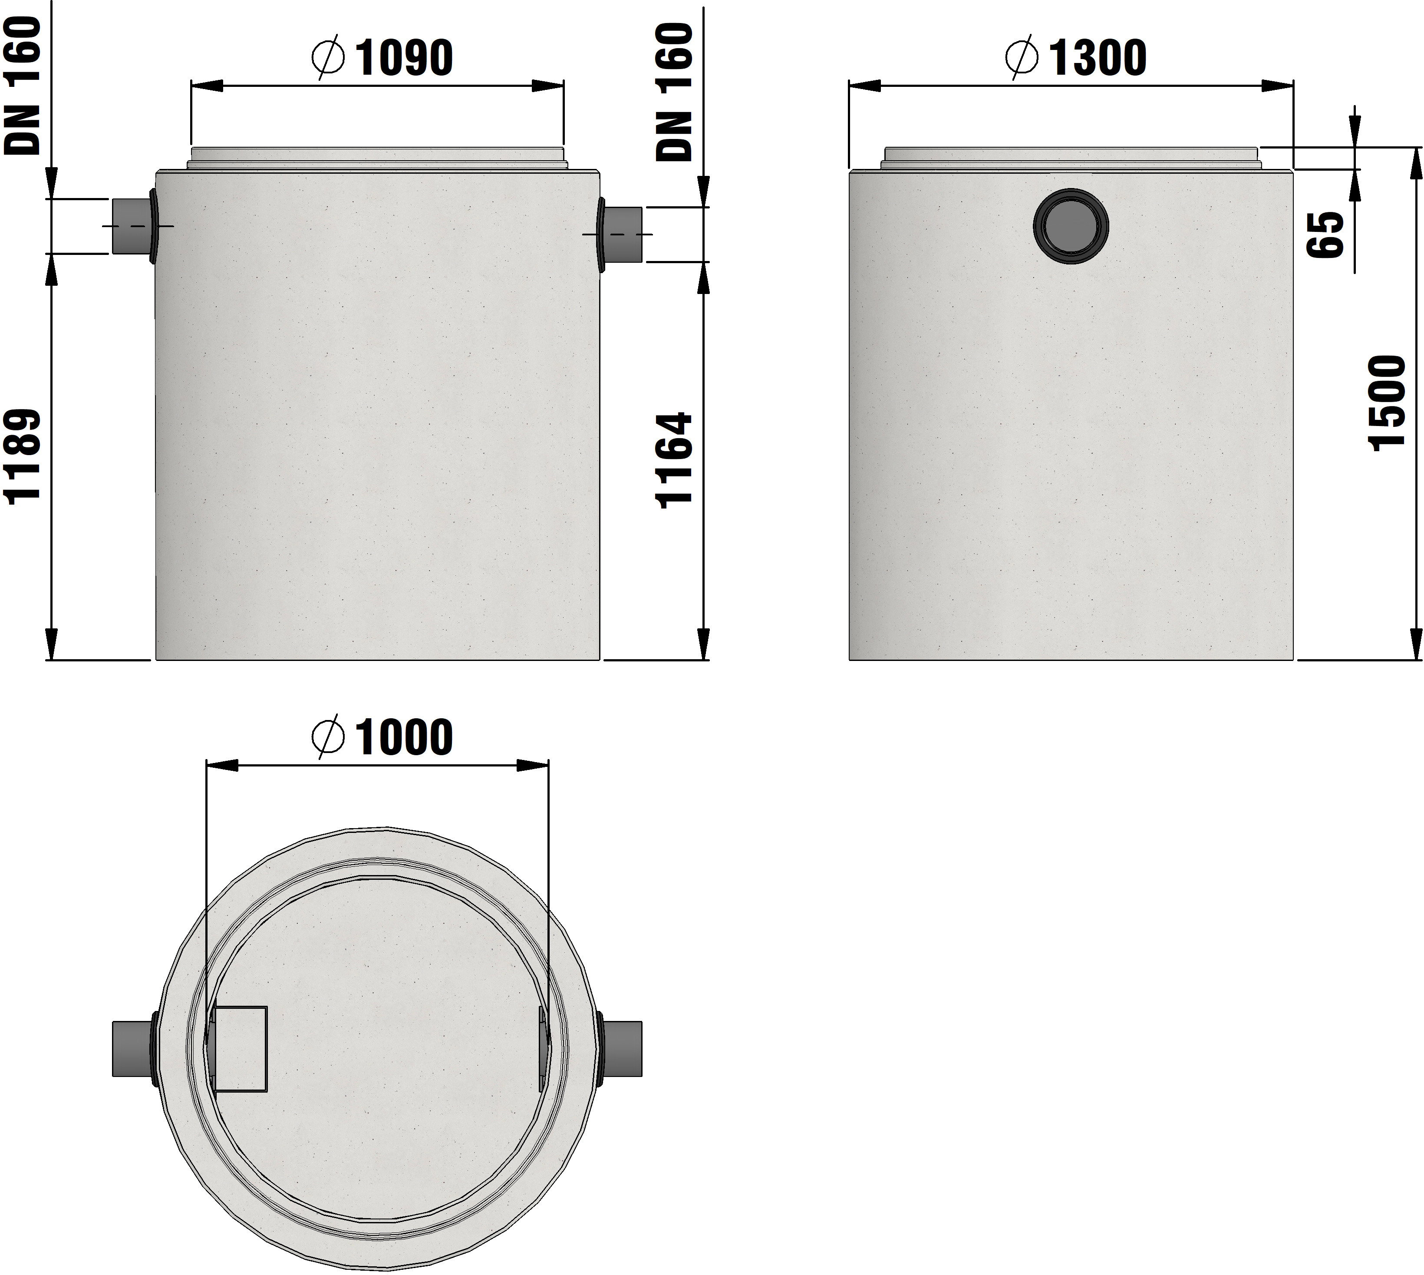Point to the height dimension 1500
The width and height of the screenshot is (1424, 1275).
pyautogui.click(x=1387, y=403)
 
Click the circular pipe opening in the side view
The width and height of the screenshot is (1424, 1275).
pyautogui.click(x=1071, y=225)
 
